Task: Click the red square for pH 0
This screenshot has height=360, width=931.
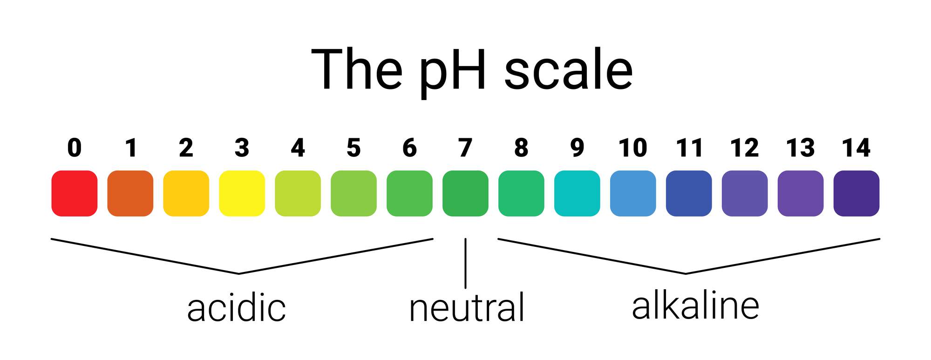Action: (75, 193)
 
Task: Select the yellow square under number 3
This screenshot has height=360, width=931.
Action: (242, 193)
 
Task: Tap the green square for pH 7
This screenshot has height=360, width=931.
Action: (465, 193)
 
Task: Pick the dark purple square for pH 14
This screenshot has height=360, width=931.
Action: (856, 193)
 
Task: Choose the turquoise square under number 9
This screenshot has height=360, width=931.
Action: (577, 193)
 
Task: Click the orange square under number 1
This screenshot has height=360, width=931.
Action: (130, 193)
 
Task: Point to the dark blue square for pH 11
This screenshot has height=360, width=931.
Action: (689, 193)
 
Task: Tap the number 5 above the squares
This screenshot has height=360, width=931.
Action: (354, 148)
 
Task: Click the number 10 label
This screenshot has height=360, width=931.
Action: (633, 148)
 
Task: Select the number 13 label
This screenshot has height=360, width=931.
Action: (801, 148)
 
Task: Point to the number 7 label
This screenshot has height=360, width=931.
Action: (465, 148)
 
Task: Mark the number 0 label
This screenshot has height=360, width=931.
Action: (75, 148)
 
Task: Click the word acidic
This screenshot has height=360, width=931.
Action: (236, 308)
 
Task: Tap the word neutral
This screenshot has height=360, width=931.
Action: (467, 307)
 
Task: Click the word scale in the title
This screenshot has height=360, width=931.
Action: (569, 70)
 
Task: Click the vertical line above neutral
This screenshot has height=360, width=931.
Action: (465, 264)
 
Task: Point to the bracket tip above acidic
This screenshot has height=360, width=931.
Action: (239, 273)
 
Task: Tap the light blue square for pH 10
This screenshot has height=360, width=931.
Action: (633, 193)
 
